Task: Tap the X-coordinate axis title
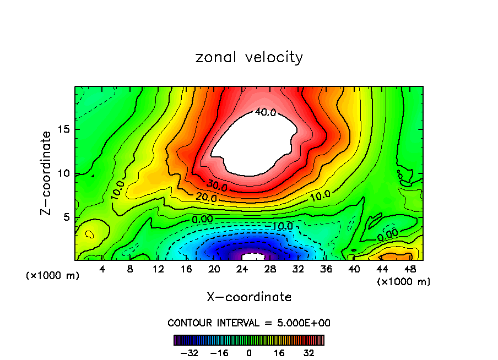point(249,297)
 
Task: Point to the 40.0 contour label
point(265,112)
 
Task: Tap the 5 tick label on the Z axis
point(66,217)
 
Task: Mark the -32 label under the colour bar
point(190,353)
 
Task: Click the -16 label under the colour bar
point(219,353)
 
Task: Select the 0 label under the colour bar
point(249,353)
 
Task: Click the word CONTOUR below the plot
point(187,323)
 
